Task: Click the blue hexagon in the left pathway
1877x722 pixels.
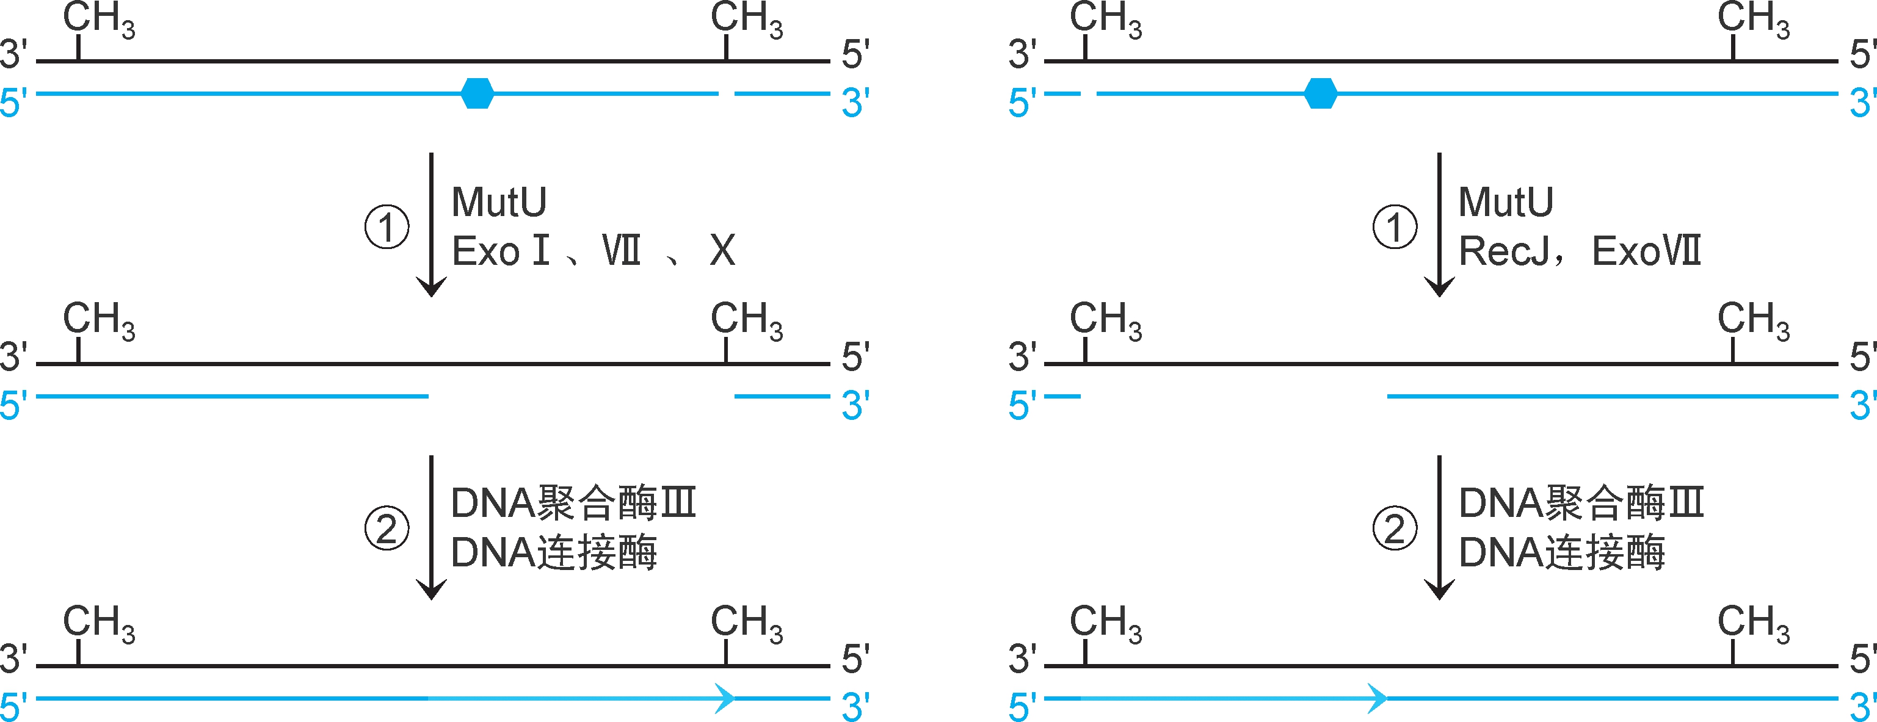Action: pyautogui.click(x=477, y=93)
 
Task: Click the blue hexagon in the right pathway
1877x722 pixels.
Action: pyautogui.click(x=1320, y=93)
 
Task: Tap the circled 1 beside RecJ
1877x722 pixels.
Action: pyautogui.click(x=1394, y=226)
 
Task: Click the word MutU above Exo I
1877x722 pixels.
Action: pyautogui.click(x=499, y=202)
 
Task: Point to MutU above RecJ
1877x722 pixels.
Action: pyautogui.click(x=1506, y=202)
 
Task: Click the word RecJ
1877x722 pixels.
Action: pyautogui.click(x=1504, y=251)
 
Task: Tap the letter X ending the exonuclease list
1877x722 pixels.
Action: pyautogui.click(x=722, y=251)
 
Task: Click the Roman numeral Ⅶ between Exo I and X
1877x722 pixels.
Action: pyautogui.click(x=622, y=251)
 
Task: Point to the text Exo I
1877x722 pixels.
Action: pyautogui.click(x=501, y=251)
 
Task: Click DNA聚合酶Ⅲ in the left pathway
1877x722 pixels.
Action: pyautogui.click(x=573, y=503)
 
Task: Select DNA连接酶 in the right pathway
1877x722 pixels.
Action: pyautogui.click(x=1561, y=552)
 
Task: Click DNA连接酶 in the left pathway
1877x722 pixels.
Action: pyautogui.click(x=554, y=552)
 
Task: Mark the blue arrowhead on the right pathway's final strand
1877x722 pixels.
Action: pyautogui.click(x=1377, y=698)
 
